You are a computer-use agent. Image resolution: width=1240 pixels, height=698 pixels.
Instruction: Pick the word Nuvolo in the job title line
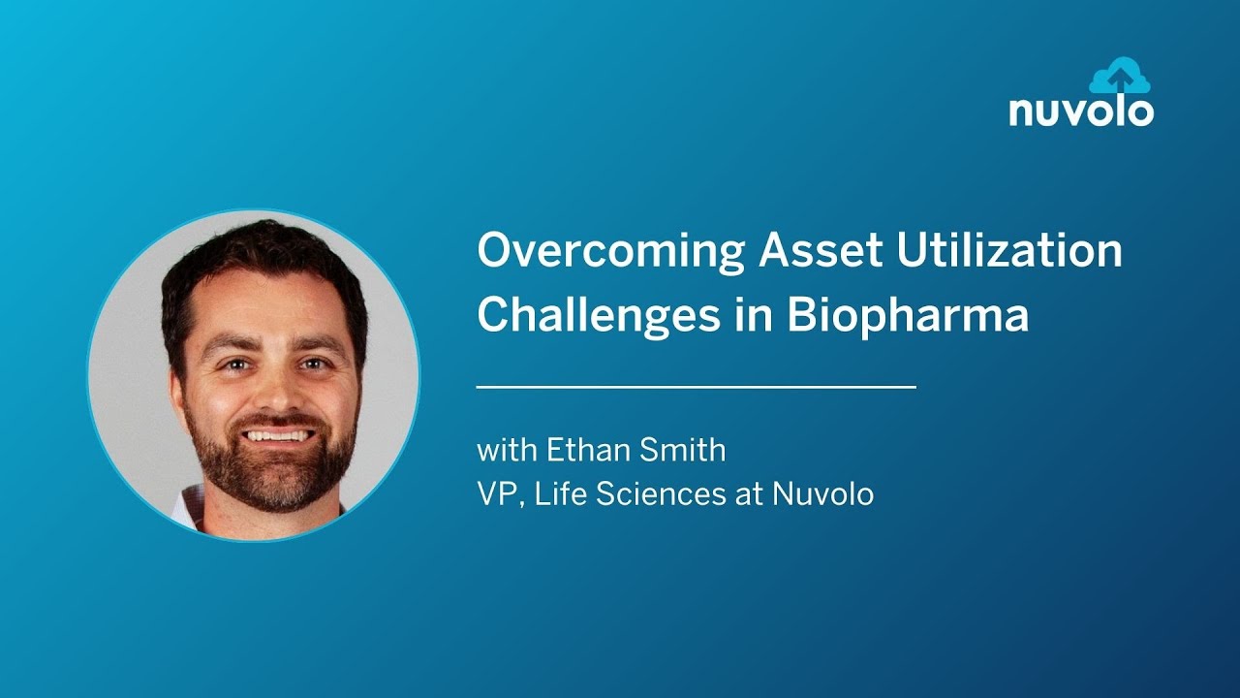pos(822,494)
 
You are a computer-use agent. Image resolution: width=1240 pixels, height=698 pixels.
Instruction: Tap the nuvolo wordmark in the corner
pos(1081,111)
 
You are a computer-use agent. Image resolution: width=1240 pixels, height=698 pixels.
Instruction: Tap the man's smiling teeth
pos(277,434)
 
